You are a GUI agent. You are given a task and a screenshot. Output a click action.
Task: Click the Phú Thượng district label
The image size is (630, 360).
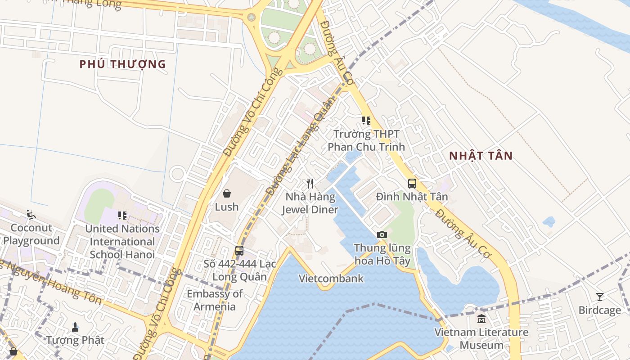122,64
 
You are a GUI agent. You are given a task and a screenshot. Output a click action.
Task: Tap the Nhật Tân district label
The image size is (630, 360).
481,156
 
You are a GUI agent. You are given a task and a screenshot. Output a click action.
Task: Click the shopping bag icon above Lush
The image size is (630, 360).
227,193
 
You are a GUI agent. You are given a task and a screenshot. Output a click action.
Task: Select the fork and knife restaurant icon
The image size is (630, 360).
310,183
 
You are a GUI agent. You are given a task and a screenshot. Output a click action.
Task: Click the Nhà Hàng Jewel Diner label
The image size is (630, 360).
310,203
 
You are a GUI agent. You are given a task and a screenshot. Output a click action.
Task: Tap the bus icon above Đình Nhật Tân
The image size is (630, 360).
412,183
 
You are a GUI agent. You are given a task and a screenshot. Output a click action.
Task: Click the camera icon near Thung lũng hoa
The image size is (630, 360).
382,234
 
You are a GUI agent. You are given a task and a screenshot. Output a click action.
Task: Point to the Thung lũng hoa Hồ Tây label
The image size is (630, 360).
382,254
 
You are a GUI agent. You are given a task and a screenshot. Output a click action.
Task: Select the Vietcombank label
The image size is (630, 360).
331,279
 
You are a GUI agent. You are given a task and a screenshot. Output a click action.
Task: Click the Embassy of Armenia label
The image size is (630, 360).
215,300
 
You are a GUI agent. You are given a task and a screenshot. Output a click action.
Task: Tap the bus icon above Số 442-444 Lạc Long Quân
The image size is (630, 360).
239,250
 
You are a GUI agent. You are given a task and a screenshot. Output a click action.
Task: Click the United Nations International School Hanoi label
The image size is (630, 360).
122,241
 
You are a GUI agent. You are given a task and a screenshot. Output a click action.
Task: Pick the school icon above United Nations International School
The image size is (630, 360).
122,216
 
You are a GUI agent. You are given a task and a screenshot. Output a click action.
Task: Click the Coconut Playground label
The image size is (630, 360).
31,234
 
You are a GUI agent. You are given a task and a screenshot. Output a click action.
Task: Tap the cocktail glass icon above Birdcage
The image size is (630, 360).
599,297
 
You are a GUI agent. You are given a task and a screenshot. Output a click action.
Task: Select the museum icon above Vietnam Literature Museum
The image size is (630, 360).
481,319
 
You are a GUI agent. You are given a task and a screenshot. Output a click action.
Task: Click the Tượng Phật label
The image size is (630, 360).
75,340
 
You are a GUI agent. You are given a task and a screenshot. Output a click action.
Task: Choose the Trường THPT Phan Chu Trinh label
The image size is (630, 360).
366,140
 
